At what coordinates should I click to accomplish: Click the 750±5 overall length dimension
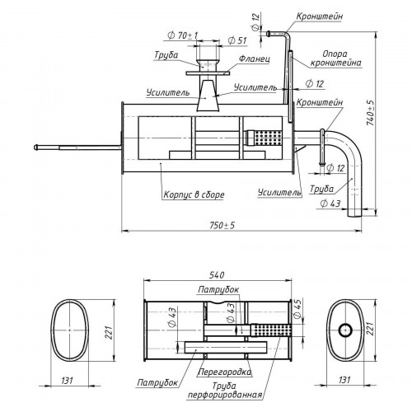222,226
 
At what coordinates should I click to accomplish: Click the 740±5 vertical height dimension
371,113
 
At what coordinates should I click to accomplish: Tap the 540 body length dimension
217,275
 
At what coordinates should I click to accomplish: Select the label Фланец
255,59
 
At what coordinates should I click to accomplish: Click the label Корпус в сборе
194,194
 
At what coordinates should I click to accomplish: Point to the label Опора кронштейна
335,59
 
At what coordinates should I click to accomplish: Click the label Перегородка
224,372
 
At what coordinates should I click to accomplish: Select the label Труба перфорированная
224,391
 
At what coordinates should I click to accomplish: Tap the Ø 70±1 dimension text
182,35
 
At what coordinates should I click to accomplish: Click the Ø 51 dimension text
237,40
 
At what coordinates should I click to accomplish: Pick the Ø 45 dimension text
297,309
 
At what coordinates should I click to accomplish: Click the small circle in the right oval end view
345,330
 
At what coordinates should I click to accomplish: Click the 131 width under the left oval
67,381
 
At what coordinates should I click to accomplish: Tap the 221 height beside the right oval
371,329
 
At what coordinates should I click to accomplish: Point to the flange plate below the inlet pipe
208,73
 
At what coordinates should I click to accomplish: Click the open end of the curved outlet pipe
355,216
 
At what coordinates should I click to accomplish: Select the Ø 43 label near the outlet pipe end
330,204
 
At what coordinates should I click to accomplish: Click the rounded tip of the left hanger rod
35,147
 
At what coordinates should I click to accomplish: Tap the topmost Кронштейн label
320,16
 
